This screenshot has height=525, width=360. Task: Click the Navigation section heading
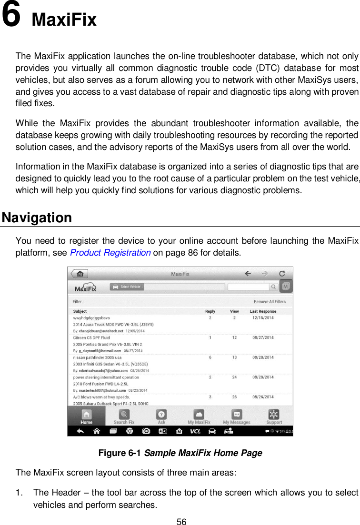pyautogui.click(x=37, y=218)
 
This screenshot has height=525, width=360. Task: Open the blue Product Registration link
pyautogui.click(x=110, y=252)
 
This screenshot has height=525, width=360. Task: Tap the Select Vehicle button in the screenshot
pyautogui.click(x=127, y=287)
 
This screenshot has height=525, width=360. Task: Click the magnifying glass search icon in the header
pyautogui.click(x=274, y=287)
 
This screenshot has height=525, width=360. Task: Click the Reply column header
pyautogui.click(x=210, y=311)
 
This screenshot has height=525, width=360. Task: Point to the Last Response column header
pyautogui.click(x=263, y=311)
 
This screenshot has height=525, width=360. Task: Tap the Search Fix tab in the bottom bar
pyautogui.click(x=124, y=416)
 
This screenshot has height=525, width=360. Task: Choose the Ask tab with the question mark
pyautogui.click(x=161, y=416)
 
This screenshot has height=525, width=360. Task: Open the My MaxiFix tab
pyautogui.click(x=199, y=416)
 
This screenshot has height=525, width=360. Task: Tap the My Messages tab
pyautogui.click(x=237, y=416)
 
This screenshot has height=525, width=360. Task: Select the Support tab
pyautogui.click(x=274, y=416)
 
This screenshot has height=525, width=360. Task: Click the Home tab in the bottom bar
pyautogui.click(x=86, y=416)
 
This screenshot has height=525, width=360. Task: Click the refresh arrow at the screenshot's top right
pyautogui.click(x=282, y=274)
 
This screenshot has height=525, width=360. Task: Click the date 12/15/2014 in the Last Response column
pyautogui.click(x=263, y=317)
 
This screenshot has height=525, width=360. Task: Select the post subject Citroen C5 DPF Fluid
pyautogui.click(x=91, y=337)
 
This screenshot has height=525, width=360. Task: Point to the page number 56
pyautogui.click(x=181, y=522)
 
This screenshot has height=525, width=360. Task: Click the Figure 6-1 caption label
pyautogui.click(x=120, y=453)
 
